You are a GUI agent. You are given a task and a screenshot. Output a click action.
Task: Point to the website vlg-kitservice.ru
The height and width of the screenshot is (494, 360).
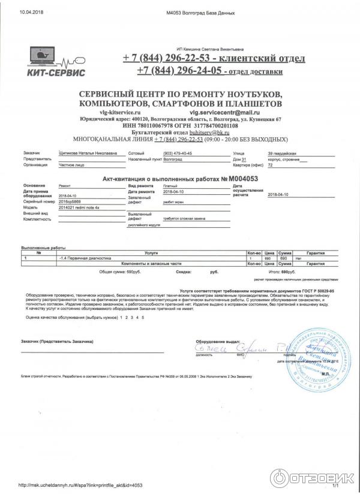[x=120, y=112]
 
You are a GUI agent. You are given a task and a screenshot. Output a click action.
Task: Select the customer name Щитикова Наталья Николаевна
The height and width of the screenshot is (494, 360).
[x=88, y=153]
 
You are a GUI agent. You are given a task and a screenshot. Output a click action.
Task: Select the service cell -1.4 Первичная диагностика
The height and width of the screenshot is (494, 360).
[x=85, y=258]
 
